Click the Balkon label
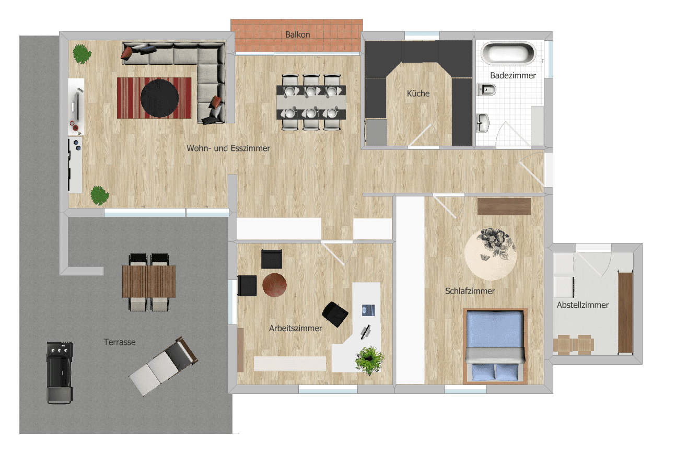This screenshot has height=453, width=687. point(298,35)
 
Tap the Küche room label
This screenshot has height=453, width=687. point(418,94)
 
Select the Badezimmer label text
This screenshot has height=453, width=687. point(513,76)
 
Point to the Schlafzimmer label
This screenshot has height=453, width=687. point(470,291)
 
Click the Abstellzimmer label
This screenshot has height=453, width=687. point(583,305)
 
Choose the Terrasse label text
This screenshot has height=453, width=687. point(120,342)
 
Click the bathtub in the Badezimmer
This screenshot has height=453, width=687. point(508,53)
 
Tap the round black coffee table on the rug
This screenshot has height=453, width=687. point(159,98)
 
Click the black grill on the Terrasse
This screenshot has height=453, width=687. point(60,372)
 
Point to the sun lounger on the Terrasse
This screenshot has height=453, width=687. point(163,365)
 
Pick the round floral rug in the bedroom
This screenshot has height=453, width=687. point(490,253)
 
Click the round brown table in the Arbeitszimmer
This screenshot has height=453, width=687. point(274,285)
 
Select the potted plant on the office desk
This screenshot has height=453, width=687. point(370,360)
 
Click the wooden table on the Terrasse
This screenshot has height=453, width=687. point(149,281)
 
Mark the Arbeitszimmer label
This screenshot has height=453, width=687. point(296,329)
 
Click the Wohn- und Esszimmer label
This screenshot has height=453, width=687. point(228,148)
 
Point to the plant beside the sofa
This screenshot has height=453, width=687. point(81,53)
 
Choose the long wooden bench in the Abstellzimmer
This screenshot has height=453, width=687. point(625,312)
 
